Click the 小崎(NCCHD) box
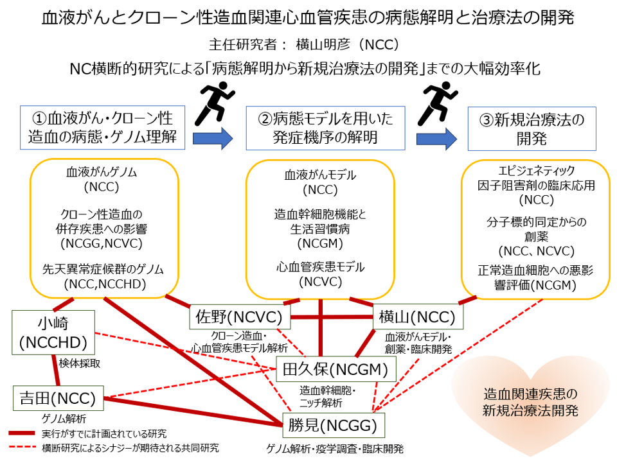coord(53,331)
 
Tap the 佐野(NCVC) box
coord(241,317)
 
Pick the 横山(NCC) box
coord(417,317)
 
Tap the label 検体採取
coord(79,363)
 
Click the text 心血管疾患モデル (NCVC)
coord(321,274)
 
